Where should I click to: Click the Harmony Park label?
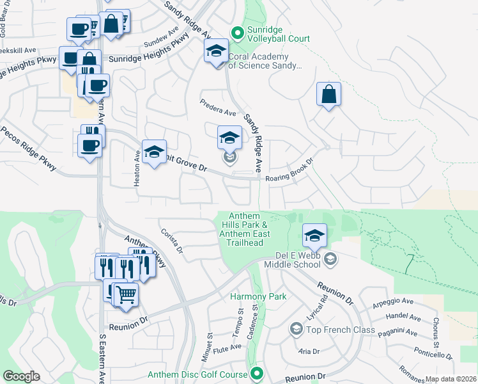pyautogui.click(x=258, y=296)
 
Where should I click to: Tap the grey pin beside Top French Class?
pyautogui.click(x=296, y=329)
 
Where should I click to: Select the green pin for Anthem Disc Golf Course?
pyautogui.click(x=257, y=373)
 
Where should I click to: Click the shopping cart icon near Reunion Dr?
pyautogui.click(x=126, y=295)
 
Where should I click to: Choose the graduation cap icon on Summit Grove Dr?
pyautogui.click(x=154, y=152)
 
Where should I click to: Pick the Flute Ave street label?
pyautogui.click(x=229, y=348)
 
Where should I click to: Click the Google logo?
pyautogui.click(x=22, y=376)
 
